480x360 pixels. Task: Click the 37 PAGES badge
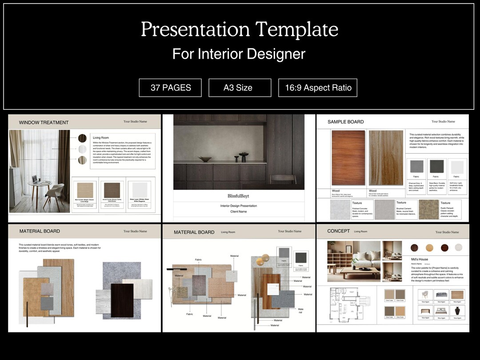point(170,88)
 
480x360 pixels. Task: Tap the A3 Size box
point(240,88)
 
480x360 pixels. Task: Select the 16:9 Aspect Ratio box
point(318,88)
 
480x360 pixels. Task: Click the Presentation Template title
point(240,29)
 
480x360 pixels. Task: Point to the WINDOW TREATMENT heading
point(44,122)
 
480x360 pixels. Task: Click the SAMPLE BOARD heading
point(345,122)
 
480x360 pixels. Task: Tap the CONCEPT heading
point(338,231)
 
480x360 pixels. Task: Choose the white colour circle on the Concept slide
point(458,248)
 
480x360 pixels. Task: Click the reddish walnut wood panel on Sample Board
point(348,157)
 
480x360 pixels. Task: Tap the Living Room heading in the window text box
point(100,138)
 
